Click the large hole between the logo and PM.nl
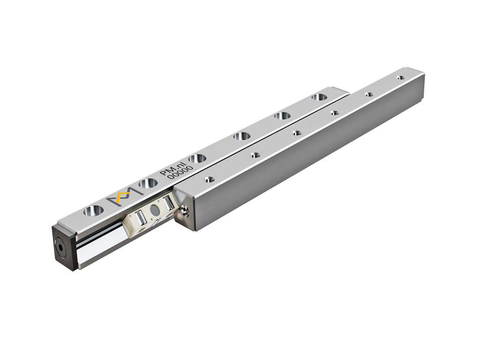[x=148, y=183]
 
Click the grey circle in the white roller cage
[x=155, y=210]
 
